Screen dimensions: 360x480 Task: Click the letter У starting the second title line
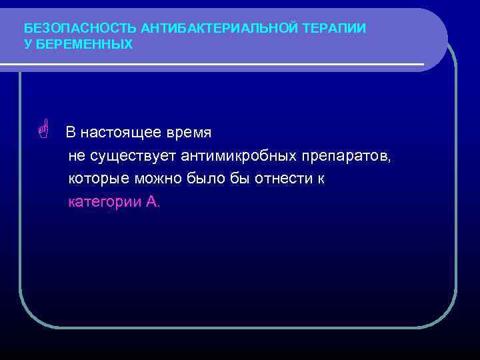coord(27,44)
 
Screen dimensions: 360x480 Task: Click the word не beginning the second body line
coord(76,156)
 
